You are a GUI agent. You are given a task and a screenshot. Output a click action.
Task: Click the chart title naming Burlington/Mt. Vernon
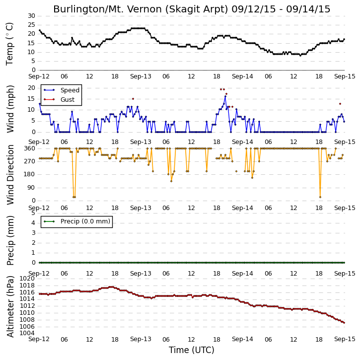pos(192,9)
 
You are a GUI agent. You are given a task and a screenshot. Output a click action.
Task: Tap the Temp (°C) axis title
pos(9,44)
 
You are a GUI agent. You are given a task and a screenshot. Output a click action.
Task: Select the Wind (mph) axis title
pos(10,109)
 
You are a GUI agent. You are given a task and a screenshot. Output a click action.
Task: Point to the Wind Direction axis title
pos(10,175)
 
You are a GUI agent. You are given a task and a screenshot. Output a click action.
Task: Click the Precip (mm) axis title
pos(10,240)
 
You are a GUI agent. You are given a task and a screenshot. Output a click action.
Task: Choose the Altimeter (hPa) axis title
pos(10,306)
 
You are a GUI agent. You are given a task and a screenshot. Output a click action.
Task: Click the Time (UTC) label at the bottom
pos(192,350)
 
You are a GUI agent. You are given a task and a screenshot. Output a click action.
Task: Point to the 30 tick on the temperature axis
pos(31,16)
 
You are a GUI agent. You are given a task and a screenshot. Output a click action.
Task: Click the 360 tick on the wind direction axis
pos(30,148)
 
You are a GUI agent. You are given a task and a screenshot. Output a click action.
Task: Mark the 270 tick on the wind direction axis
pos(30,161)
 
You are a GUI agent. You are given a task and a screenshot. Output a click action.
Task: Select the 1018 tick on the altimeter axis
pos(27,286)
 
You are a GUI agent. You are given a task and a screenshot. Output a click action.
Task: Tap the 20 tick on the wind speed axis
pos(31,88)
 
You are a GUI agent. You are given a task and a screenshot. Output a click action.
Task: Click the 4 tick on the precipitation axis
pos(34,223)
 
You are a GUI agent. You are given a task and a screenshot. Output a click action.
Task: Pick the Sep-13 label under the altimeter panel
pos(141,339)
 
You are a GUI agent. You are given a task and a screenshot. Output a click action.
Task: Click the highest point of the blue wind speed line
pos(225,97)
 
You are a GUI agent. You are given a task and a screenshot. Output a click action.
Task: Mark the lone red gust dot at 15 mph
pos(133,99)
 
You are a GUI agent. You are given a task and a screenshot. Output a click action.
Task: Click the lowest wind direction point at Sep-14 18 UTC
pos(320,197)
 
